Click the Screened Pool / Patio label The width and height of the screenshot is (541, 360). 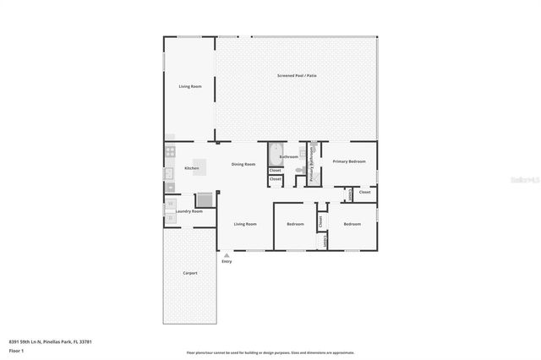[297, 76]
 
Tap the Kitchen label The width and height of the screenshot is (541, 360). [192, 168]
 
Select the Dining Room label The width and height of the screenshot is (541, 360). [243, 164]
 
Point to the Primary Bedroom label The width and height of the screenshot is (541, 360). [349, 161]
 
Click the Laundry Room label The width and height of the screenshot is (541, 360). [189, 211]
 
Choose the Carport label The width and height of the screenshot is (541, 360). [190, 273]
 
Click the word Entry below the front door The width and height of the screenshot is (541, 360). [227, 261]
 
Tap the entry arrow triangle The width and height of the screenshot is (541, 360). [226, 254]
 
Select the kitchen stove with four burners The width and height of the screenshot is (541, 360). [169, 152]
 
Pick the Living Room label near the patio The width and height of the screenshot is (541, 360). [189, 86]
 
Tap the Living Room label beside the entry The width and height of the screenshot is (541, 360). [245, 224]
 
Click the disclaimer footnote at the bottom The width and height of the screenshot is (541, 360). [270, 352]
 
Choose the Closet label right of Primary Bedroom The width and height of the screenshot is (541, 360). [364, 192]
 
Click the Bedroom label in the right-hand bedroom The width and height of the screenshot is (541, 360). [351, 224]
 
